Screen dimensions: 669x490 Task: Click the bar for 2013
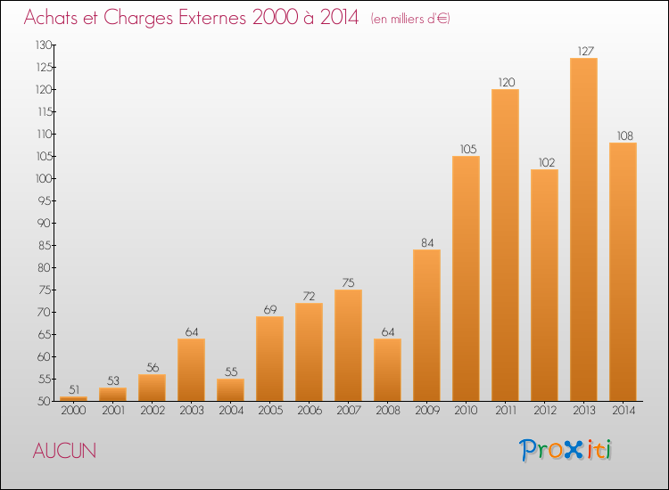click(x=583, y=229)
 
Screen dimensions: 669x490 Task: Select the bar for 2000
click(x=73, y=399)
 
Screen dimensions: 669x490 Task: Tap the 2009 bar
click(x=426, y=325)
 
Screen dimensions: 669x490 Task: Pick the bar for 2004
click(x=230, y=390)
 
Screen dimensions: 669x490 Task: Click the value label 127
click(x=585, y=51)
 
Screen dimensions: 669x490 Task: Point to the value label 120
click(x=507, y=82)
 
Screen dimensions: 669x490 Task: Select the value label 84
click(x=427, y=243)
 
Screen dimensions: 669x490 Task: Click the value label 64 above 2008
click(x=387, y=332)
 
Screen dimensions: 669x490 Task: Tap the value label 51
click(x=74, y=389)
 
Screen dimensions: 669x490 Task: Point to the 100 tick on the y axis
click(x=44, y=178)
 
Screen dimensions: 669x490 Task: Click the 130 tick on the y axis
click(x=44, y=45)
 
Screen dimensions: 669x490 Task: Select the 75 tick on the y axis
click(x=45, y=290)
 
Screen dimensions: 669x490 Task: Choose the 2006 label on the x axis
click(x=310, y=410)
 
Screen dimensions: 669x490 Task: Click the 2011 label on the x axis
click(x=506, y=410)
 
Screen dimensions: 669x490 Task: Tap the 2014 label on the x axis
click(x=624, y=410)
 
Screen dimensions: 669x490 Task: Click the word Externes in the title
click(x=212, y=18)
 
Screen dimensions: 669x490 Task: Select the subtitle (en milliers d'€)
click(x=410, y=19)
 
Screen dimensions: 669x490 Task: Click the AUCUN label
click(x=64, y=451)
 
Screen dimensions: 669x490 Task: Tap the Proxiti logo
click(x=566, y=450)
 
